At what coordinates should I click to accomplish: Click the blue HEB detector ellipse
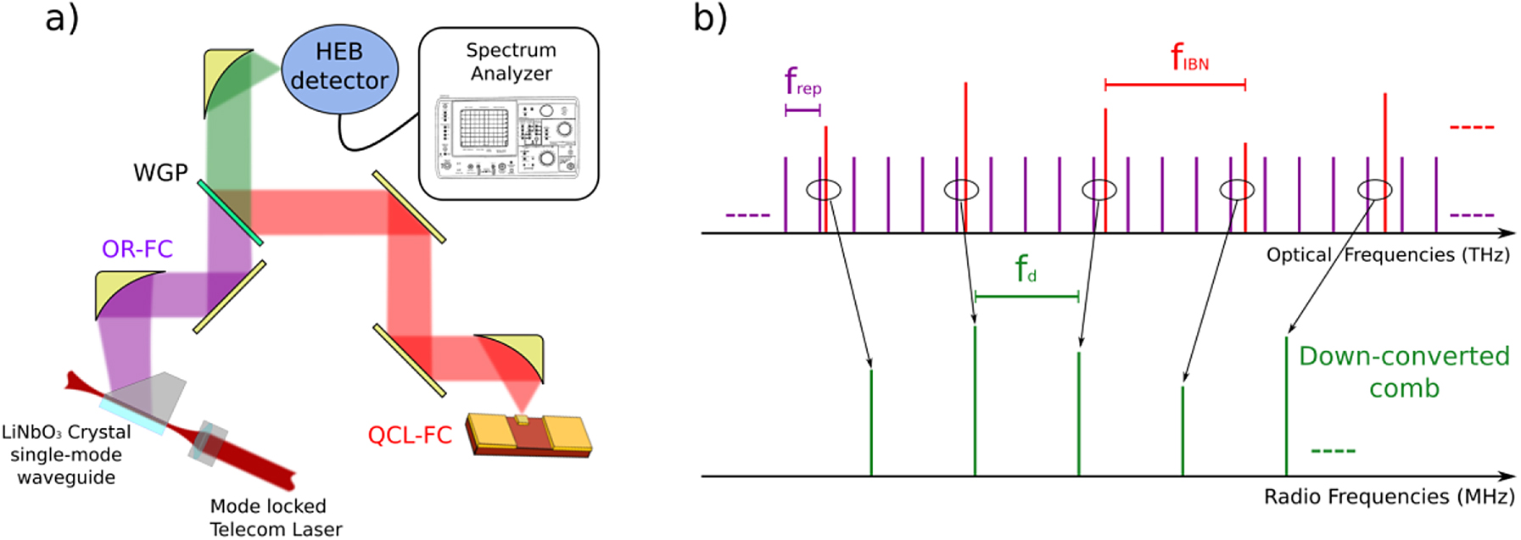coord(339,68)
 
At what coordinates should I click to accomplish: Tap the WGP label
coord(160,173)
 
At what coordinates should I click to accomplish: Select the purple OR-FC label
coord(137,248)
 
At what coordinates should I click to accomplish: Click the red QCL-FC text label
coord(409,436)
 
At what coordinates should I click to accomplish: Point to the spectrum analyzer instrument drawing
coord(507,137)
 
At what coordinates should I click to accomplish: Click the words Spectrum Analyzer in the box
coord(511,62)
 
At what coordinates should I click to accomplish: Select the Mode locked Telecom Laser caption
coord(275,517)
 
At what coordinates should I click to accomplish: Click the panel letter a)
coord(61,18)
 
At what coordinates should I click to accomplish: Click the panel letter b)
coord(710,18)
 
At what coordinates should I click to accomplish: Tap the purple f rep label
coord(802,83)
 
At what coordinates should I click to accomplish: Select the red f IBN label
coord(1189,58)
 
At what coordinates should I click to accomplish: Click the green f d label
coord(1026,270)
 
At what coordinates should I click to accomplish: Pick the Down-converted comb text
coord(1404,371)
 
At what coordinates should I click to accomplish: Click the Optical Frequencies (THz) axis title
coord(1388,255)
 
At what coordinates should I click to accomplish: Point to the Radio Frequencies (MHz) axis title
coord(1389,497)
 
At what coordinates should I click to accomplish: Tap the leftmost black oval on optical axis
coord(823,190)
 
